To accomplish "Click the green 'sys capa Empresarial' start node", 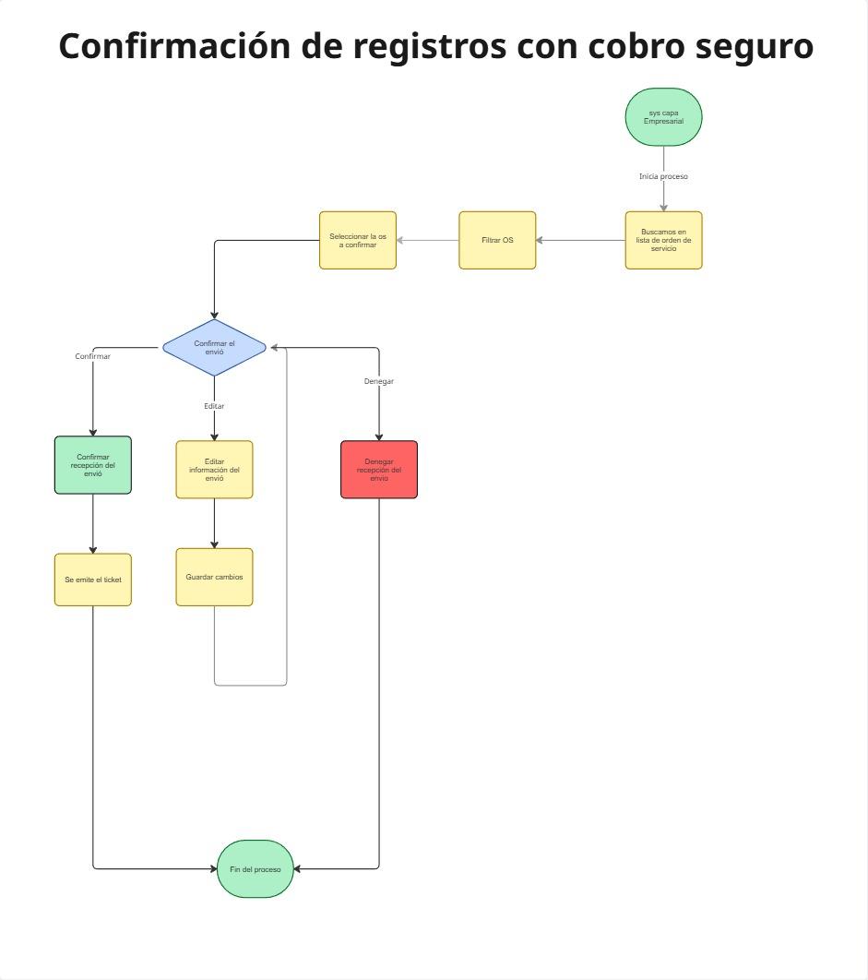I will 663,117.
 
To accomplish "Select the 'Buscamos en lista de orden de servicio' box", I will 663,240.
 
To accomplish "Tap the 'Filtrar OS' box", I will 497,240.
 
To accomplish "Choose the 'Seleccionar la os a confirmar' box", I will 358,240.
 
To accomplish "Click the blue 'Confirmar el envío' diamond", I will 214,347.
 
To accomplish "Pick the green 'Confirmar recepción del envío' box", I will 93,465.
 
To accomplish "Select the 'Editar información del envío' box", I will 214,470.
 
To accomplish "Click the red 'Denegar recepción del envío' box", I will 379,470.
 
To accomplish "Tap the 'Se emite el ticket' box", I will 93,580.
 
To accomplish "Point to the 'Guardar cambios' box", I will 214,577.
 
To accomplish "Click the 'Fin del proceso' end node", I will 256,868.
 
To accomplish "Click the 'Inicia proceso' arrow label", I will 663,176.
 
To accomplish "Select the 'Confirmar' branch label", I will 93,356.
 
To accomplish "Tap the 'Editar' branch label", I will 214,406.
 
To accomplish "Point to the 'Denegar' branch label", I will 379,381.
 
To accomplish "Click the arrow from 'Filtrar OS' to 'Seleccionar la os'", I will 428,241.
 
